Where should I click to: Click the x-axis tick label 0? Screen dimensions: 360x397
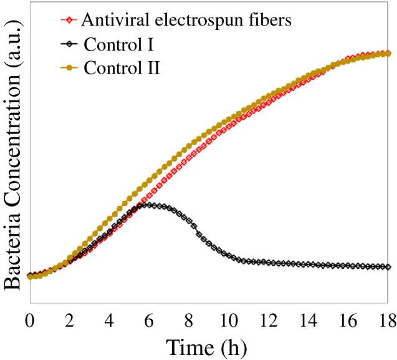(x=29, y=321)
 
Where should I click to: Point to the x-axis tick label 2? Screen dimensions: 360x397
(x=69, y=321)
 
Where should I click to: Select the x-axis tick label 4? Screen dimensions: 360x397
(x=109, y=321)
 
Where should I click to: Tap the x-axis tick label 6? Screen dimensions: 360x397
(x=149, y=321)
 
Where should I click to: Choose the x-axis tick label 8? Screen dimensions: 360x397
(x=189, y=321)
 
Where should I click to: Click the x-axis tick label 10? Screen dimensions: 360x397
(x=229, y=321)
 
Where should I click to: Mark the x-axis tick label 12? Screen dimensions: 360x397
(x=269, y=321)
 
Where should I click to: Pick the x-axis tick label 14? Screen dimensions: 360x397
(x=309, y=321)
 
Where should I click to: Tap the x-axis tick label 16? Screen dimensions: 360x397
(x=348, y=321)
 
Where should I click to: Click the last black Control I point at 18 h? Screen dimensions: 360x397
(x=388, y=267)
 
